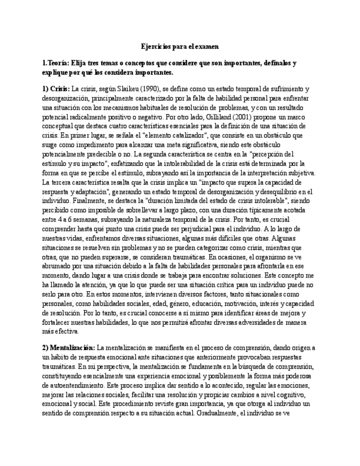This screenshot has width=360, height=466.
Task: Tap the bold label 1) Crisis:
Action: [56, 88]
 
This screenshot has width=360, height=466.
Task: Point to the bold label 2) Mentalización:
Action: [69, 348]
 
